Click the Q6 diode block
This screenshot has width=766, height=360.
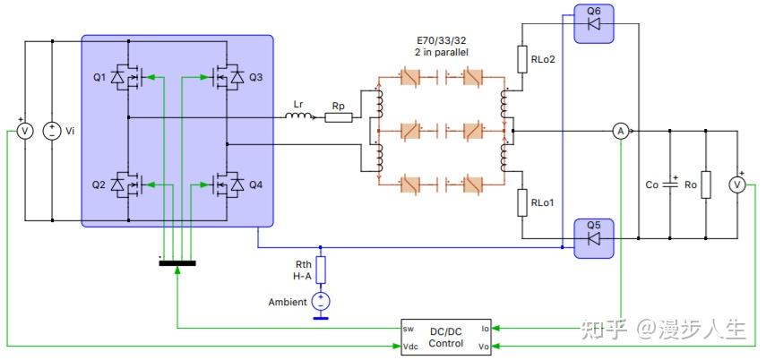591,23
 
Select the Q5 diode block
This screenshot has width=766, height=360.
591,238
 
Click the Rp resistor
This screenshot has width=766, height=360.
338,117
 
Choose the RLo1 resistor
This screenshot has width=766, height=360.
522,202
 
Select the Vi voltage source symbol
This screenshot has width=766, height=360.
52,132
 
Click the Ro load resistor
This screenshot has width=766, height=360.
706,185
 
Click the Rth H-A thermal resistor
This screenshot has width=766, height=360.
321,270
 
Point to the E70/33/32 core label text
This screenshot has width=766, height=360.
442,47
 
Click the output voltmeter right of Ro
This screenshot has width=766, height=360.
738,184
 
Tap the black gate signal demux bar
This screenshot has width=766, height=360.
177,264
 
